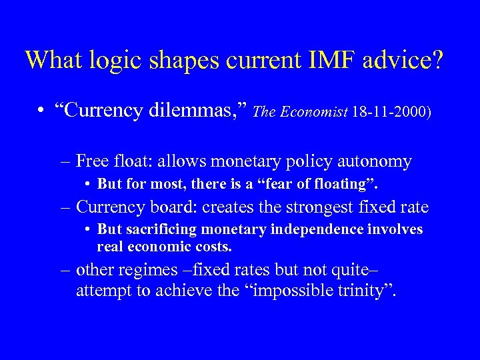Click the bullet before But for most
88,183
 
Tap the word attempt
101,291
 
